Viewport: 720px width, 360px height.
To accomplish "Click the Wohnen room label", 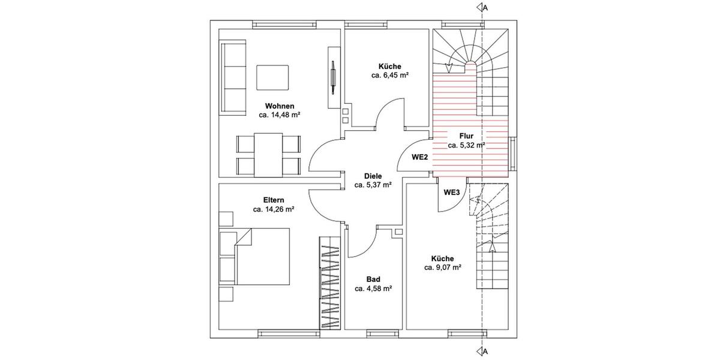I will click(x=280, y=106).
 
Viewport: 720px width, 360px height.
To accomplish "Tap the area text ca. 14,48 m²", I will click(x=280, y=115).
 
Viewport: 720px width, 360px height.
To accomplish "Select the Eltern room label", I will click(x=273, y=200).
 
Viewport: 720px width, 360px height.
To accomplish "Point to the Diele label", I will click(x=373, y=176).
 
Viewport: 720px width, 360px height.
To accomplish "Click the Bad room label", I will click(x=373, y=280).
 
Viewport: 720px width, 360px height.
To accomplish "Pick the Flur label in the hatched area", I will click(x=466, y=136).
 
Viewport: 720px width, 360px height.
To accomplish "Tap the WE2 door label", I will click(x=419, y=157).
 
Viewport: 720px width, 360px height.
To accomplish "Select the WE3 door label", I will click(x=451, y=193).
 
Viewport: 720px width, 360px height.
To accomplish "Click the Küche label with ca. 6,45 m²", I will click(x=389, y=67).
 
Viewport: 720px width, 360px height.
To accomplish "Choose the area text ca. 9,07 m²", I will click(x=443, y=268).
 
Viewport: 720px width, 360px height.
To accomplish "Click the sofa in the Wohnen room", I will click(x=233, y=78).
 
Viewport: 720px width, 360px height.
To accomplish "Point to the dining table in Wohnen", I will click(x=268, y=155).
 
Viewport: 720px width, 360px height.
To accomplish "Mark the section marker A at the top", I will click(x=481, y=8).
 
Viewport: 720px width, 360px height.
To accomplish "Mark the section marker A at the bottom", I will click(x=481, y=351).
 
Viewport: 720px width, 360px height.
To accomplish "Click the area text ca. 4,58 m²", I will click(x=373, y=289).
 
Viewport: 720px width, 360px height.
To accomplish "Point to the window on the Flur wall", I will click(x=514, y=154).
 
